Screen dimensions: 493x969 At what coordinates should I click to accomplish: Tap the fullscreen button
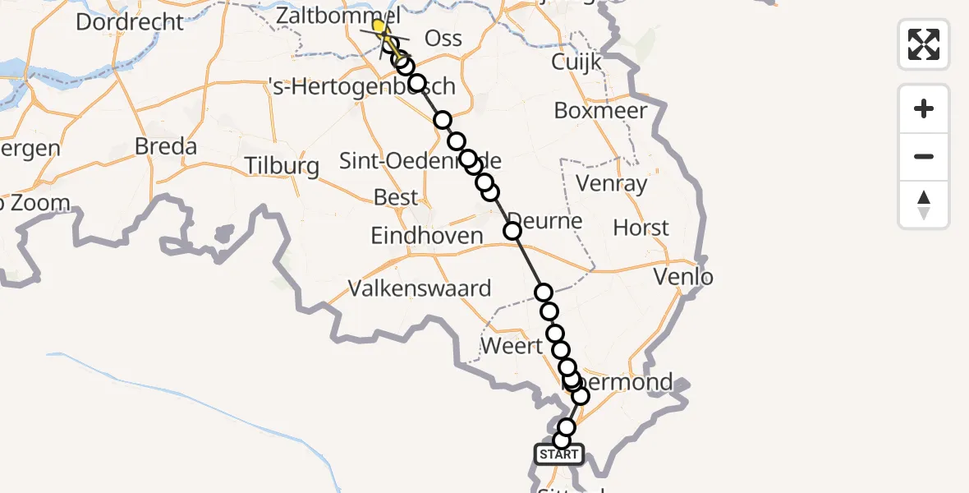924,44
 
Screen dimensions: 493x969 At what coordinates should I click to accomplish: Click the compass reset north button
924,205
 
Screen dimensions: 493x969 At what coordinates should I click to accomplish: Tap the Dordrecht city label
130,21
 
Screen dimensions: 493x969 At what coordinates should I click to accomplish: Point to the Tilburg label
282,166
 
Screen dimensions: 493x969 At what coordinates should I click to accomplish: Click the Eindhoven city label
427,236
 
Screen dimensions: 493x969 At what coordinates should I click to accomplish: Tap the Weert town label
512,346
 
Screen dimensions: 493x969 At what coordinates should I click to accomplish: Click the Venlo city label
683,277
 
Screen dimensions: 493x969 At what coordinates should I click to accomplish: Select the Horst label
641,228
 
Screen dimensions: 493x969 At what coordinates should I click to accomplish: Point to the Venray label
612,183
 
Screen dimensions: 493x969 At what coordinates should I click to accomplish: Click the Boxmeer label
600,110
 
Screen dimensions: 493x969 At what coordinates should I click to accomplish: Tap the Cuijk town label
576,62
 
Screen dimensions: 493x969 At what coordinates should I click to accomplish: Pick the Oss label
443,39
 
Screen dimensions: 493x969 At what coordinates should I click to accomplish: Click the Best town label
396,197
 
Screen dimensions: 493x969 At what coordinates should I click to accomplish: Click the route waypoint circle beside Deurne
512,231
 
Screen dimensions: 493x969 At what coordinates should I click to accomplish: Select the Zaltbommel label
338,16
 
